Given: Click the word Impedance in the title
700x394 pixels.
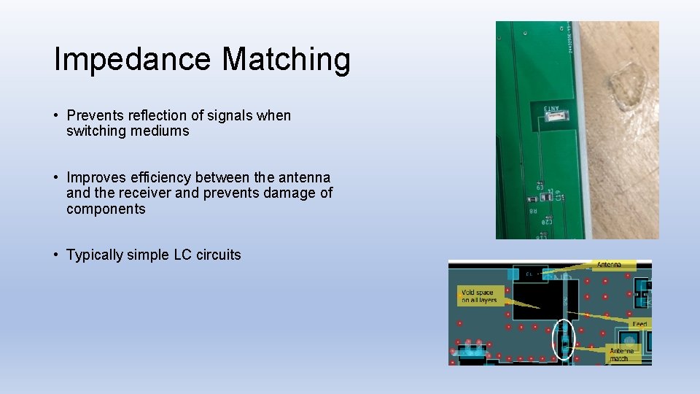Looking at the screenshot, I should [x=132, y=59].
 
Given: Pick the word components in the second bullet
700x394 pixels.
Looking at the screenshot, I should [x=106, y=209].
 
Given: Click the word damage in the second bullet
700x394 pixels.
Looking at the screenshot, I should [x=288, y=193].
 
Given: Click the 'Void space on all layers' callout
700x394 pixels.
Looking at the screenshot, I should [x=478, y=296].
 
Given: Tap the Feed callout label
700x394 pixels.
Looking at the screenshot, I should [x=639, y=323].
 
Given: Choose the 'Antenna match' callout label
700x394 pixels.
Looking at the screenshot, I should [x=623, y=355].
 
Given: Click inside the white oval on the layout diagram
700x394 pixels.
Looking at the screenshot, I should [x=563, y=339].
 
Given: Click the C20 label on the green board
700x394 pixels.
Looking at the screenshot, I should [x=546, y=220].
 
